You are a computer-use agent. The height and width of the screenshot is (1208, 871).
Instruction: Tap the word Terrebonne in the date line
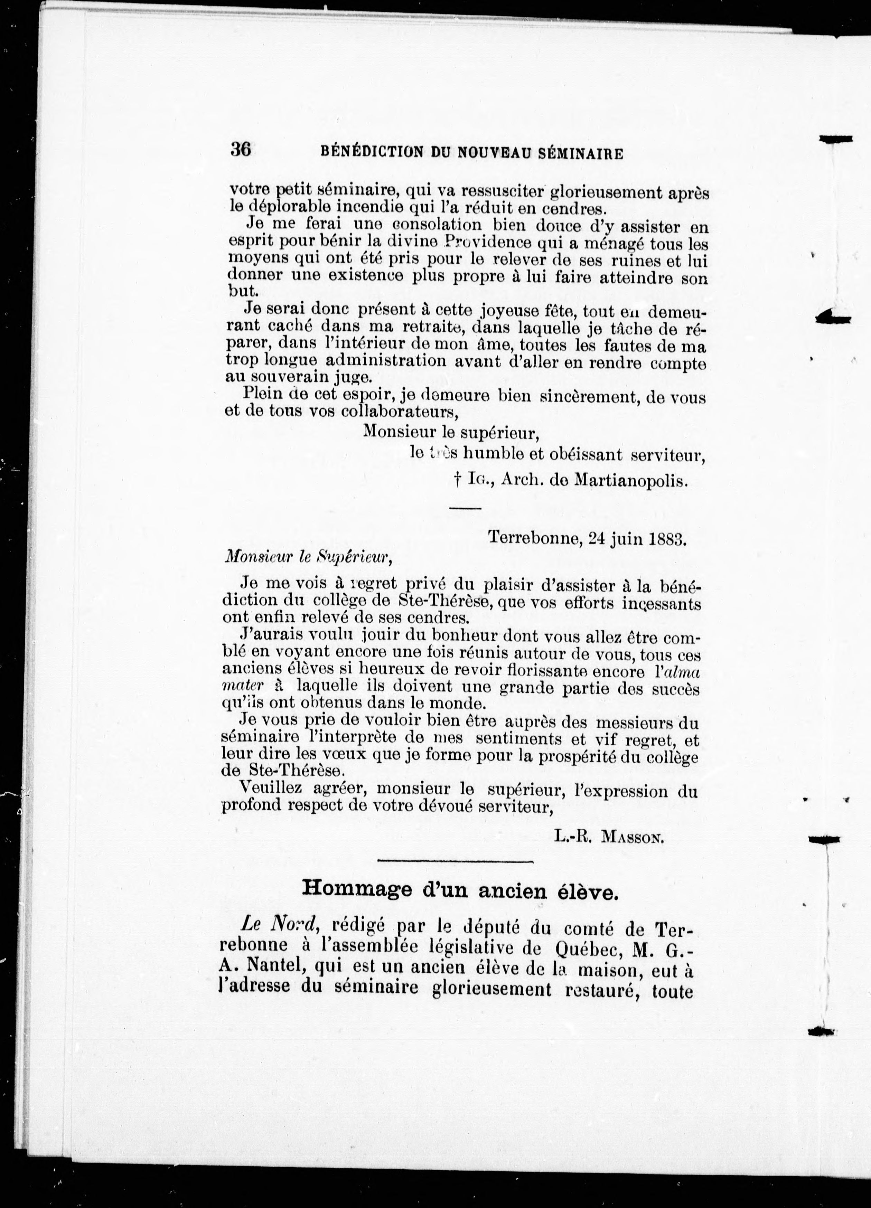point(534,538)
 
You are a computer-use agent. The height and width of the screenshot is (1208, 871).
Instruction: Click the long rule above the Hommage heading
point(456,861)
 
